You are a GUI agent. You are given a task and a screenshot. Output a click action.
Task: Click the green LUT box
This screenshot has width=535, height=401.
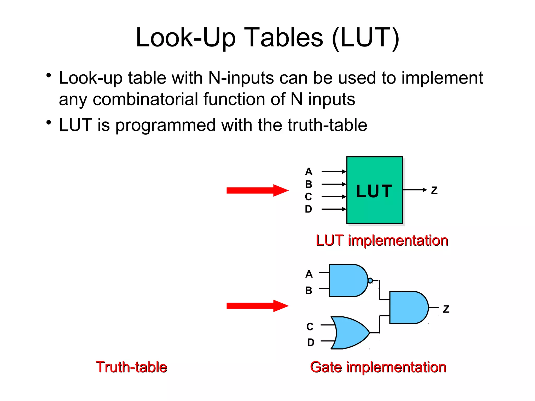tap(374, 190)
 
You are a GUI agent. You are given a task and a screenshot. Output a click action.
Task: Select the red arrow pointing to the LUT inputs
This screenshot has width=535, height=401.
tap(257, 190)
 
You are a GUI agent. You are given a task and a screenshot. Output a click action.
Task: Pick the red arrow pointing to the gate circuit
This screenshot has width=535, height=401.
tap(257, 306)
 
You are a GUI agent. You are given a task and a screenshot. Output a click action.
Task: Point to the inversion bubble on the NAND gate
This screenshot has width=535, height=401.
tap(370, 281)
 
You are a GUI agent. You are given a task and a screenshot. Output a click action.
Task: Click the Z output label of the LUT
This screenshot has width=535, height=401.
tap(434, 190)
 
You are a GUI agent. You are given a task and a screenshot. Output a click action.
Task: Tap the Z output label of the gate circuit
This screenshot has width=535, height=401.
tap(446, 309)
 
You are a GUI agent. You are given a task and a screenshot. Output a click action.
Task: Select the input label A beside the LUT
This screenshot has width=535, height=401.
tap(309, 172)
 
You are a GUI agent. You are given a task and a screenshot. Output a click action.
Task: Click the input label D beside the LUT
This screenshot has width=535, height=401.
tap(309, 209)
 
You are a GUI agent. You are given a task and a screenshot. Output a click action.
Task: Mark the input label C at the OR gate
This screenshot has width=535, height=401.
tap(310, 327)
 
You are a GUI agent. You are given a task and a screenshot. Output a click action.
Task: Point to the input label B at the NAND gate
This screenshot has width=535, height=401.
tap(309, 290)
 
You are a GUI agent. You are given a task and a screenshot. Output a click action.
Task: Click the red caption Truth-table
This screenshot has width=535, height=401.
tap(131, 367)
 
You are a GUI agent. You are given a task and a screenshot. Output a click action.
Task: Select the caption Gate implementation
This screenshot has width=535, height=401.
tap(378, 367)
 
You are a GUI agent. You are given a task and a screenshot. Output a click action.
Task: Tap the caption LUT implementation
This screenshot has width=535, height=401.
tap(382, 240)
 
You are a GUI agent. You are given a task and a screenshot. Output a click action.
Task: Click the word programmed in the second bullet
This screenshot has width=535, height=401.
tap(165, 125)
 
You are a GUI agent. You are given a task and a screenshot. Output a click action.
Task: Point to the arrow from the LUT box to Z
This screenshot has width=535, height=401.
tap(415, 190)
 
